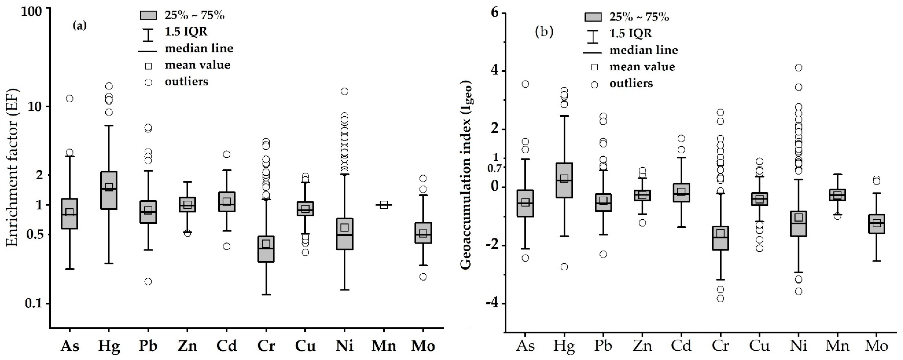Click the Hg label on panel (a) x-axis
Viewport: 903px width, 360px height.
click(x=109, y=346)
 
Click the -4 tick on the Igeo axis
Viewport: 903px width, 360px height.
click(x=493, y=303)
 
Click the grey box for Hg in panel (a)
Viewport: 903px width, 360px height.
click(x=109, y=190)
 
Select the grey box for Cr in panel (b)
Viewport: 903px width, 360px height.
click(x=720, y=238)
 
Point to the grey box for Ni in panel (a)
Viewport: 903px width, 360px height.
click(x=345, y=234)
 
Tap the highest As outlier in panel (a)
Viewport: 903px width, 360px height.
click(x=69, y=98)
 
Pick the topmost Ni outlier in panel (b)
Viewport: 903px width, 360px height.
click(x=798, y=68)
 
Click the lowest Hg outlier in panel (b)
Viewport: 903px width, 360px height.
click(x=564, y=267)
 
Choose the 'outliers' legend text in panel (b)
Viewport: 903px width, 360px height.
click(x=631, y=84)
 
